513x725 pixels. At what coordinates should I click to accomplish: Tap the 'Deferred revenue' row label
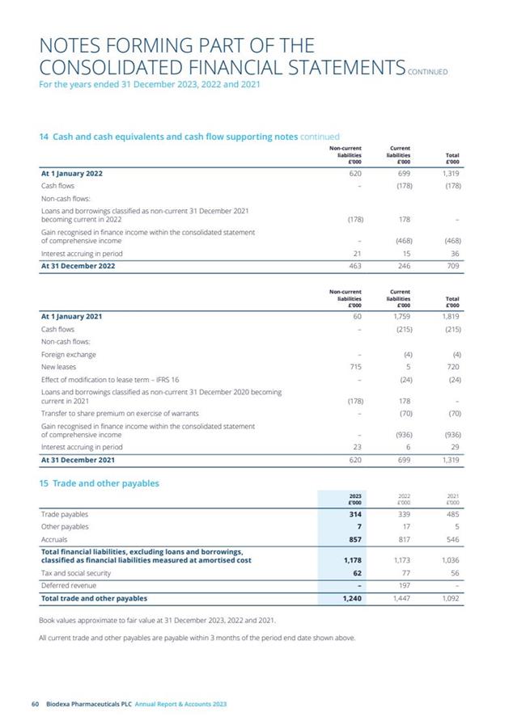point(68,584)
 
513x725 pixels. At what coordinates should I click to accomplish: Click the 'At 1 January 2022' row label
point(72,173)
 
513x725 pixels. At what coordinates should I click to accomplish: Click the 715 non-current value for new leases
point(353,366)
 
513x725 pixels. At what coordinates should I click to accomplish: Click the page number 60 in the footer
point(34,704)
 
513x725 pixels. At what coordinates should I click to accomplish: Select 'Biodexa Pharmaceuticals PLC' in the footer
point(88,704)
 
